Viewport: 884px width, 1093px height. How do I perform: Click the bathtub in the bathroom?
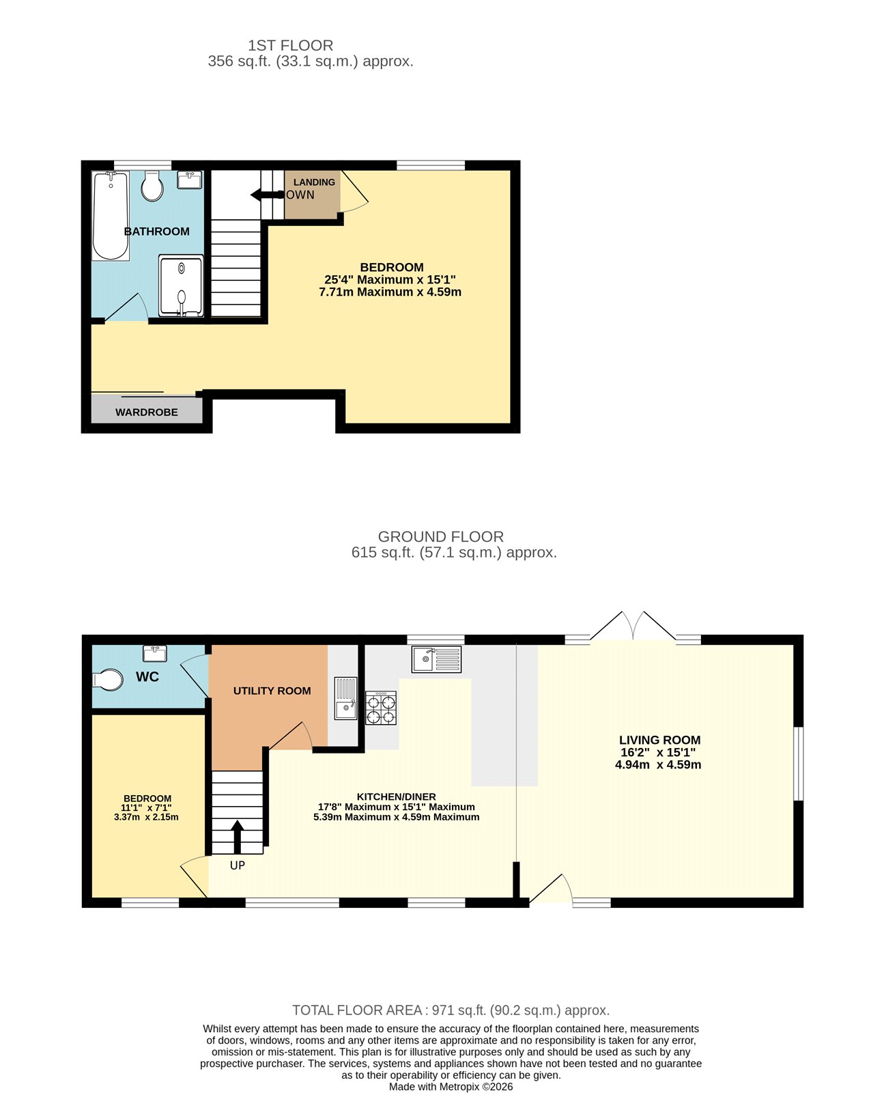point(111,216)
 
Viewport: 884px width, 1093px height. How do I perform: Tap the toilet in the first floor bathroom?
point(152,186)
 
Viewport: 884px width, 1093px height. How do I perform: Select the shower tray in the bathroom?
point(181,286)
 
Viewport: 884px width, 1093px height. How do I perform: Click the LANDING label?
point(314,182)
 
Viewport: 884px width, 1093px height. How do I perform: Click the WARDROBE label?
point(147,413)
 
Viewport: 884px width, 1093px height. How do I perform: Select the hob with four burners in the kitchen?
point(381,708)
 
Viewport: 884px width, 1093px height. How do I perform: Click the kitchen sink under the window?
point(436,659)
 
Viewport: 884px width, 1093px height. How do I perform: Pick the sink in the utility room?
point(346,698)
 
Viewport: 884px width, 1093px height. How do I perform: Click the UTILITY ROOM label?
point(272,691)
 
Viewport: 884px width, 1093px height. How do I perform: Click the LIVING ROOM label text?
point(659,740)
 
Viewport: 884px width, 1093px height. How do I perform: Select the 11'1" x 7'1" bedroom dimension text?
point(146,807)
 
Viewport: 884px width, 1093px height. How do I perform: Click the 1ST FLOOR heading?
point(290,46)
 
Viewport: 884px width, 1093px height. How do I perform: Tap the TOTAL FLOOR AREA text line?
point(451,1010)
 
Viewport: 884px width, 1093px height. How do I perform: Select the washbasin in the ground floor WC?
point(155,654)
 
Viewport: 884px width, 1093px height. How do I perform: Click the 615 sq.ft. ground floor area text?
point(454,553)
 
